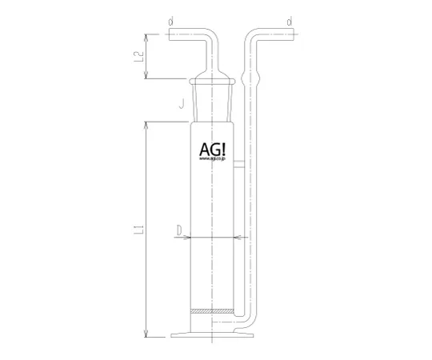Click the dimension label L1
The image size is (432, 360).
[x=138, y=231]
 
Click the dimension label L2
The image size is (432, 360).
[x=138, y=57]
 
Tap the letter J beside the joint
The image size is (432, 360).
[x=182, y=102]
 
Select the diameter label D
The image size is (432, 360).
[x=180, y=231]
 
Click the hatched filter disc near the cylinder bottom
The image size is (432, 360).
[x=213, y=311]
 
